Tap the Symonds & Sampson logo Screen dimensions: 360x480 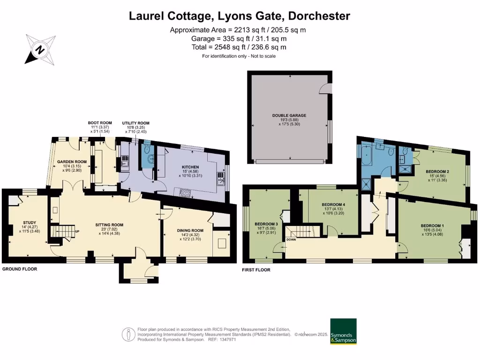343,331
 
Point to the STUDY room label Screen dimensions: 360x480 29,223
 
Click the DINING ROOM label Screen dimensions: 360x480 190,231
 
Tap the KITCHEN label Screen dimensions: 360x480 191,167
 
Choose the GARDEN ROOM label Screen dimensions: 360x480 70,161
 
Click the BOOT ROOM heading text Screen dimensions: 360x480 102,123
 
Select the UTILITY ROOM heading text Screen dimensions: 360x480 136,123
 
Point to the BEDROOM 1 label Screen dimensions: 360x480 434,226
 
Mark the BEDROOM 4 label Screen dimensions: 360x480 334,205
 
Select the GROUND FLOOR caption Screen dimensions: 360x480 20,269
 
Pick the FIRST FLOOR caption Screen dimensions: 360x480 256,270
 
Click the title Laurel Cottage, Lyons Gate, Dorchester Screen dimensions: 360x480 240,16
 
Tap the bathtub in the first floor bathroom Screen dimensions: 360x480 366,157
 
